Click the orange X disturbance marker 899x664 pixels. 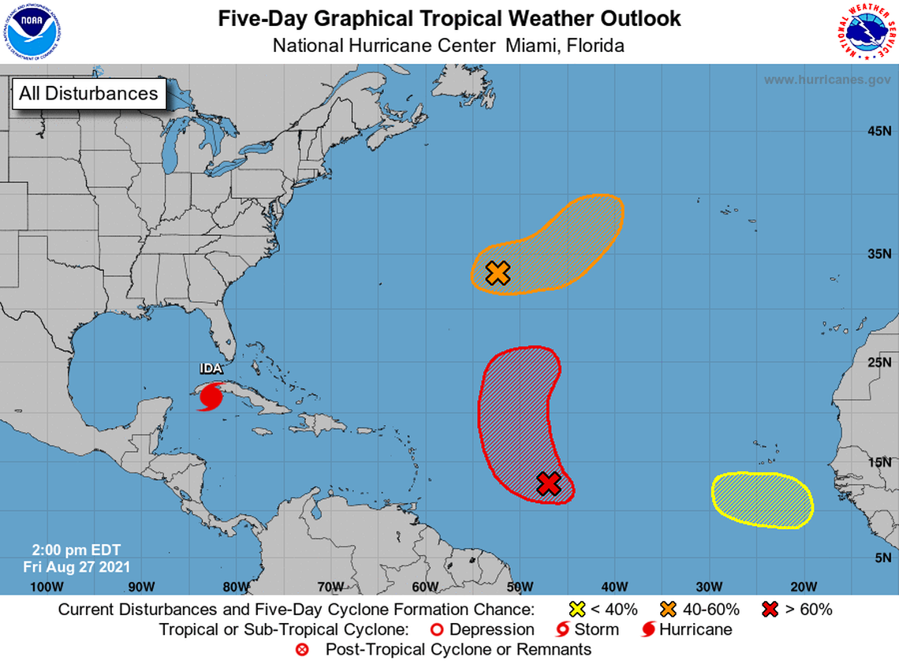coord(498,273)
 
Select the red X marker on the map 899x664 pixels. coord(549,483)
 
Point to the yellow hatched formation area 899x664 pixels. coord(762,500)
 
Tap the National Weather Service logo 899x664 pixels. coord(865,32)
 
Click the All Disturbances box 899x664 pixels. coord(88,93)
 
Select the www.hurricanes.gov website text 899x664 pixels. coord(826,80)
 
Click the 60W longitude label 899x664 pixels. coord(425,586)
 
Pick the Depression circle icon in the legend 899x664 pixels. coord(437,629)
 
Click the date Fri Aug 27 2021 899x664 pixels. coord(76,566)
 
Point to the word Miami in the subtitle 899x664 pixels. coord(530,46)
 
